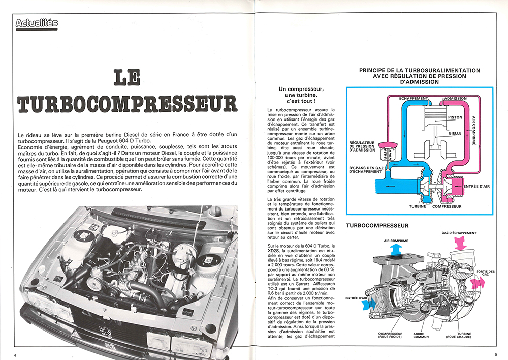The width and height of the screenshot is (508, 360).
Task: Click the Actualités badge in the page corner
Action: (x=37, y=23)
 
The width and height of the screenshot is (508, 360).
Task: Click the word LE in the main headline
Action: (x=128, y=78)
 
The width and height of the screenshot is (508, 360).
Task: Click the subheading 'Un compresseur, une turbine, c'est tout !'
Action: (x=301, y=95)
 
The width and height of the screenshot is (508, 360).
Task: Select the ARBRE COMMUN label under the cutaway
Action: (x=421, y=336)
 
